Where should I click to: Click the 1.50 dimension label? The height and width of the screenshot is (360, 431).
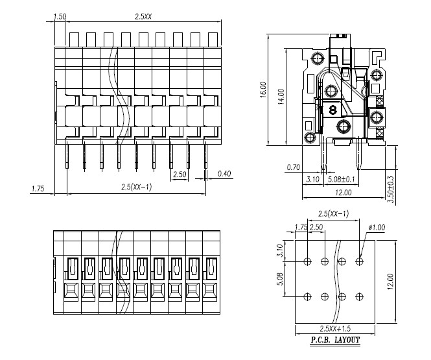(x=60, y=16)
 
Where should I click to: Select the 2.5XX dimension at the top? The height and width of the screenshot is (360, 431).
(x=143, y=16)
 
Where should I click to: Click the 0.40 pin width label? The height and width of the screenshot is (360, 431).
(x=224, y=173)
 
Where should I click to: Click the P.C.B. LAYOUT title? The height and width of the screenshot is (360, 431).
(x=335, y=339)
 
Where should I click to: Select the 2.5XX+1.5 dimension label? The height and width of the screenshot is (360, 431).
(x=335, y=329)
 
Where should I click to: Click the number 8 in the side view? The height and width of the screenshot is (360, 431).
(x=332, y=110)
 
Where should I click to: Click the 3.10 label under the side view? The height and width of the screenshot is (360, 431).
(x=312, y=178)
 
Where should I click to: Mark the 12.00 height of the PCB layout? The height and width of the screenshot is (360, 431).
(x=390, y=281)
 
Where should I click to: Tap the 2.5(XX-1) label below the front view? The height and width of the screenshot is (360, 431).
(x=137, y=187)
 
